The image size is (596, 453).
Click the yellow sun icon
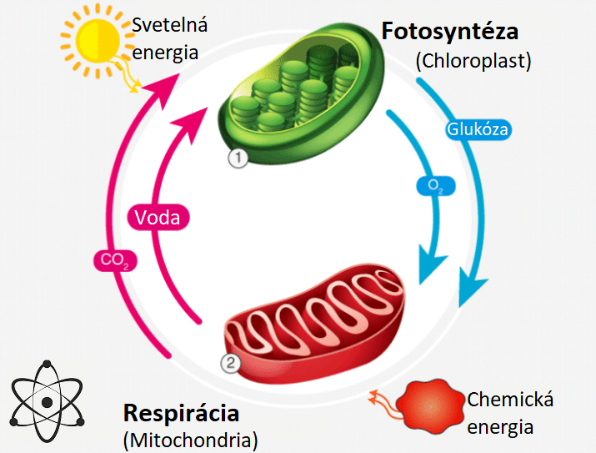[98, 41]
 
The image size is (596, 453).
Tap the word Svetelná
[169, 25]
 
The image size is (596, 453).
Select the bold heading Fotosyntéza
[449, 32]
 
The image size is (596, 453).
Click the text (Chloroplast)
[473, 60]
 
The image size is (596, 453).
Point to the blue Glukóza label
[478, 129]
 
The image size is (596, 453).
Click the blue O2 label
[436, 186]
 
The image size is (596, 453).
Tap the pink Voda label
[158, 218]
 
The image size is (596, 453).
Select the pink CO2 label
[115, 260]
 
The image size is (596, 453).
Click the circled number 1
[238, 158]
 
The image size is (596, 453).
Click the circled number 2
[231, 363]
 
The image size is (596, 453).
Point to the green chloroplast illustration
[303, 93]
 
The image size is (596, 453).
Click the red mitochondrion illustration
[314, 324]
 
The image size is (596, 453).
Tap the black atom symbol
[47, 401]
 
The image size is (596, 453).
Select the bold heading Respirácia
[182, 414]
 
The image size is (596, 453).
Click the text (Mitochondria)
[190, 440]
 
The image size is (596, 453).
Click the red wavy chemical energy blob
[430, 406]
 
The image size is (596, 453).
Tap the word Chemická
[510, 400]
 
